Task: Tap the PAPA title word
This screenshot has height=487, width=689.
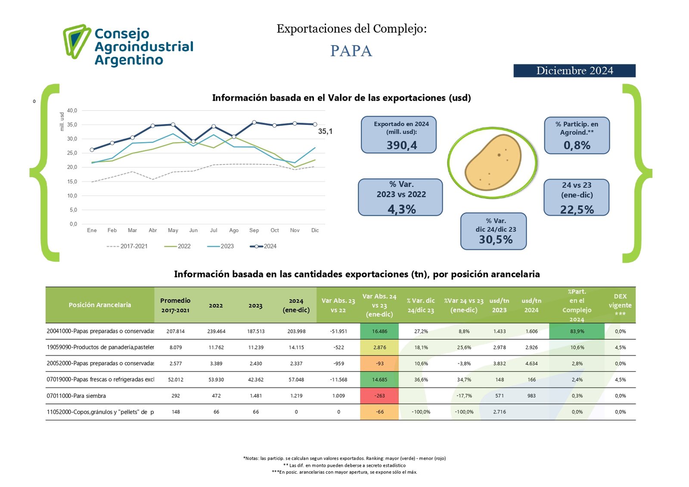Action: pyautogui.click(x=351, y=51)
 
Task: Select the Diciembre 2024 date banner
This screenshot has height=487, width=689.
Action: pyautogui.click(x=574, y=71)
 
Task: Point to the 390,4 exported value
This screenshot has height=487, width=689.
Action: pyautogui.click(x=401, y=145)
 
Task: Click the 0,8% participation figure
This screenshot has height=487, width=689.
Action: pyautogui.click(x=577, y=145)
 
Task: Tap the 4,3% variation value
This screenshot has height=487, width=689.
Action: pyautogui.click(x=401, y=209)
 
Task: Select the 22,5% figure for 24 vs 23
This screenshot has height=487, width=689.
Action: pyautogui.click(x=577, y=209)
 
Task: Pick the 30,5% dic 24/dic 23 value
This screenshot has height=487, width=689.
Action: pyautogui.click(x=496, y=240)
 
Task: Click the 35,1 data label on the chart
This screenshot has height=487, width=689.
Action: pyautogui.click(x=325, y=131)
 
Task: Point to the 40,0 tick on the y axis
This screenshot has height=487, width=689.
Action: pyautogui.click(x=72, y=111)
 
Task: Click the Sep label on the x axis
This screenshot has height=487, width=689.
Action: pyautogui.click(x=254, y=230)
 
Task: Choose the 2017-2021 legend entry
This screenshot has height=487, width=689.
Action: pyautogui.click(x=127, y=246)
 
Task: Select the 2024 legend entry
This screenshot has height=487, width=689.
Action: pyautogui.click(x=263, y=246)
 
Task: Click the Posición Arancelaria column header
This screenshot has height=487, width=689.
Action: pyautogui.click(x=99, y=305)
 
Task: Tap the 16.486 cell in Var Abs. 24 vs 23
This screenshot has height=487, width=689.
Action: pyautogui.click(x=379, y=331)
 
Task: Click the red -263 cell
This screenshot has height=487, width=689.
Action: pyautogui.click(x=379, y=396)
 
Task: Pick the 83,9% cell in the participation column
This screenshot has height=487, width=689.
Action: pyautogui.click(x=577, y=331)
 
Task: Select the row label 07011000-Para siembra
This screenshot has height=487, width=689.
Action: pyautogui.click(x=76, y=396)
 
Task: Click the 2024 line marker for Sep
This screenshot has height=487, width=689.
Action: pyautogui.click(x=254, y=122)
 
